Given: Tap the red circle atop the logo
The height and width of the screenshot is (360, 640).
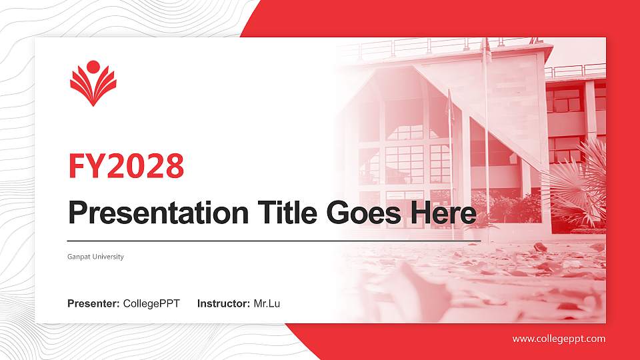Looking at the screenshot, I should (93, 66).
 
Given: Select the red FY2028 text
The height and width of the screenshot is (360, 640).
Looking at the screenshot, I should (126, 166).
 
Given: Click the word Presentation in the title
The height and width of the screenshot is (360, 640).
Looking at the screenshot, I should (154, 214).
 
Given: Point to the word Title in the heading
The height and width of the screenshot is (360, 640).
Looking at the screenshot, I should (283, 213).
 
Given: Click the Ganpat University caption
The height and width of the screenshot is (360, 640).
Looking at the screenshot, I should (95, 257).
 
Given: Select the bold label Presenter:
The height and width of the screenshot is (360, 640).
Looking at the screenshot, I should (93, 304).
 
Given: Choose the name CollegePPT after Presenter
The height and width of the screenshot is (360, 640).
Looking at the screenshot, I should (151, 304).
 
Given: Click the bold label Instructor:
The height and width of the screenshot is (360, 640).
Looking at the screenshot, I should (224, 304).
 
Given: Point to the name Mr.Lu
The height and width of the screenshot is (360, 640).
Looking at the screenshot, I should (267, 304).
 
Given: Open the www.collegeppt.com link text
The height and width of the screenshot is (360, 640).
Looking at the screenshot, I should (559, 339).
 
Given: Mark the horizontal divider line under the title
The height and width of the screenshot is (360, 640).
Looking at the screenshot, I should (267, 240).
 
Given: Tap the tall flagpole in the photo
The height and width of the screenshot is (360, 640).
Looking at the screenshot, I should (486, 133).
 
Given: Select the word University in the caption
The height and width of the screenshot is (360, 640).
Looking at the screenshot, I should (108, 257).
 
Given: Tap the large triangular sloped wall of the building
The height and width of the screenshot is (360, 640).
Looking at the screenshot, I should (493, 100).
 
